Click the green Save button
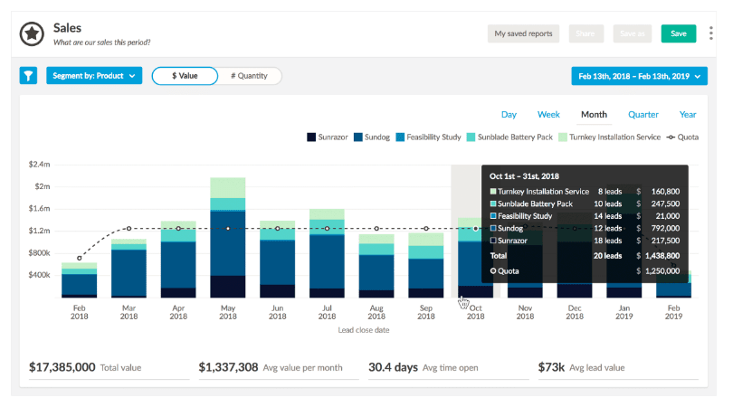(x=679, y=33)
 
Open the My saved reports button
(x=523, y=33)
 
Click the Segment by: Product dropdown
(x=94, y=76)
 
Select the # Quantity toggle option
(x=249, y=76)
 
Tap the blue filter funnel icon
(x=29, y=76)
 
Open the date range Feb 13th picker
(x=639, y=76)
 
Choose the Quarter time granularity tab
(x=643, y=115)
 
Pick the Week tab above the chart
(x=548, y=115)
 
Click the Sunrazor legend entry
(x=328, y=137)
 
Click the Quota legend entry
(x=682, y=137)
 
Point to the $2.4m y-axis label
(x=39, y=164)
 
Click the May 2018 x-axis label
(x=228, y=312)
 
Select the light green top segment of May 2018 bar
(x=228, y=188)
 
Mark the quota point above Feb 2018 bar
(x=80, y=258)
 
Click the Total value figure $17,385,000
(x=62, y=367)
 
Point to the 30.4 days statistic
(x=393, y=367)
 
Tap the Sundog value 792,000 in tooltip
(x=665, y=228)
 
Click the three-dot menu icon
(x=710, y=33)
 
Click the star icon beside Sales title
(x=32, y=33)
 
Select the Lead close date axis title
(x=364, y=330)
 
